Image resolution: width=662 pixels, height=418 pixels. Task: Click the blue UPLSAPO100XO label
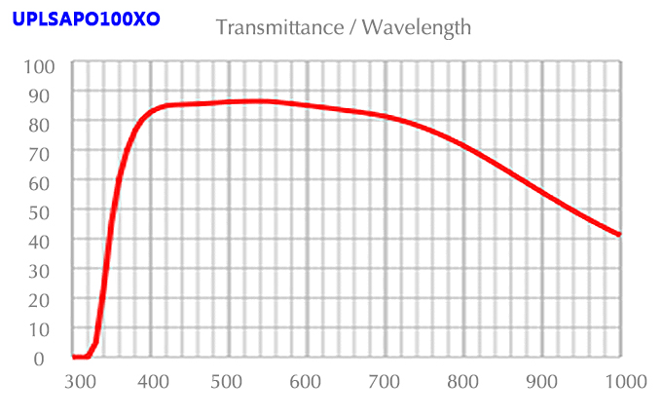87,19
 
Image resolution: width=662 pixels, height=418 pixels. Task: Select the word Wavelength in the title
417,27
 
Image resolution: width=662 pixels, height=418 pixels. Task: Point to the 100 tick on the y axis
43,66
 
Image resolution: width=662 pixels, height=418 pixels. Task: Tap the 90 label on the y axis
47,95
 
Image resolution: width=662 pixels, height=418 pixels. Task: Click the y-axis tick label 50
47,211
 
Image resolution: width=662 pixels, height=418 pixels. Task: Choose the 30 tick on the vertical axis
47,270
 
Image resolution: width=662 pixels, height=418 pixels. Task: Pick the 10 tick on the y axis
47,328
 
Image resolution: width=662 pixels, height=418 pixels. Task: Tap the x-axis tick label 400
154,381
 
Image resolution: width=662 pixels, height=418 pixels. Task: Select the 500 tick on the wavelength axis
229,381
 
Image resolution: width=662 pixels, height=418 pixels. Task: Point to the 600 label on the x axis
307,381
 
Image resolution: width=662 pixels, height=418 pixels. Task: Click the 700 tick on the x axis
385,381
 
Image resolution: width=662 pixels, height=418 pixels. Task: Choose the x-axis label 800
463,381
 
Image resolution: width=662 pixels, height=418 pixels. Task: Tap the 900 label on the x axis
541,381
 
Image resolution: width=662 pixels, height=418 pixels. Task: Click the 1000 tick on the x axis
624,381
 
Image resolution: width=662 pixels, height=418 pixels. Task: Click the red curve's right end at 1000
619,235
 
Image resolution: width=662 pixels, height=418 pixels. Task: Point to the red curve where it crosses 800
463,147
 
